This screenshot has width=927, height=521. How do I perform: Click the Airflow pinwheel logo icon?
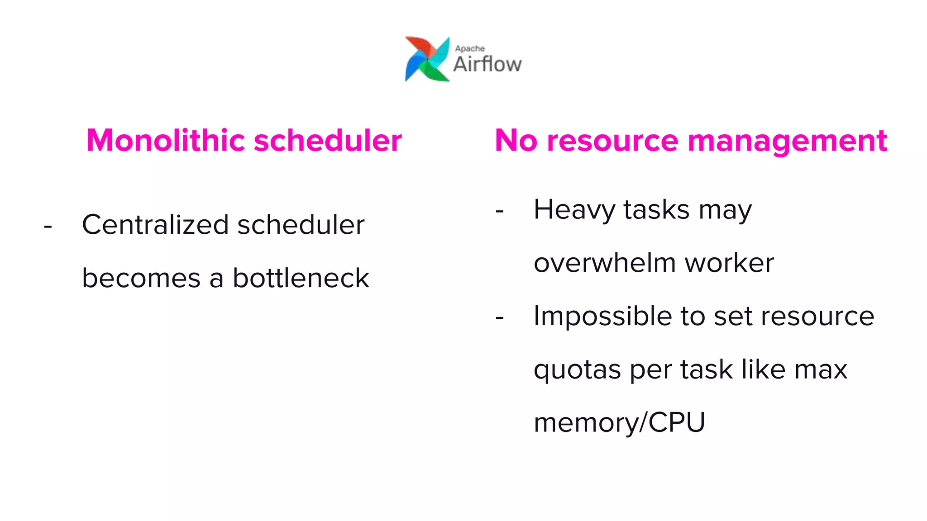click(427, 59)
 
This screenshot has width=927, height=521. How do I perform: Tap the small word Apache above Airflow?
click(470, 48)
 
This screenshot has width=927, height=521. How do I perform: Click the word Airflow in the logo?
click(487, 64)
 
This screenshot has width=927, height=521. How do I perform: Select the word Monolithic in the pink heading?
click(166, 140)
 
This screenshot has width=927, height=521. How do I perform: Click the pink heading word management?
click(787, 141)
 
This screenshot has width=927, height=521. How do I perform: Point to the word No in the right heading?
click(516, 140)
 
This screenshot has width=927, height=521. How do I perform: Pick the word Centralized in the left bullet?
click(155, 224)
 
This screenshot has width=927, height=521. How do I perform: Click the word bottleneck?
click(301, 278)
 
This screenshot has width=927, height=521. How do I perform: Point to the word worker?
click(729, 263)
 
